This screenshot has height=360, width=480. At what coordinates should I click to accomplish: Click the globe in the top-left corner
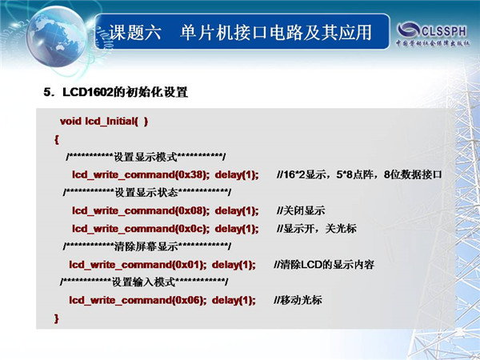58,36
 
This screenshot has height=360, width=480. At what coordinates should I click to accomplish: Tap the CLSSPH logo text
444,31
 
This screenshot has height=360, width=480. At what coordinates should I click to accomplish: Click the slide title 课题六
135,33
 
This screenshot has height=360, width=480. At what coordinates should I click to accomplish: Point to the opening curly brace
56,140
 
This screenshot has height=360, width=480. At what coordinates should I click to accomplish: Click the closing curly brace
56,318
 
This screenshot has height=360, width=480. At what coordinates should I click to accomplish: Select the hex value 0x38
191,174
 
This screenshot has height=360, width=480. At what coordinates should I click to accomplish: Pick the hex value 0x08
191,210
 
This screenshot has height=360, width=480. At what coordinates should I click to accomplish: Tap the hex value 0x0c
191,229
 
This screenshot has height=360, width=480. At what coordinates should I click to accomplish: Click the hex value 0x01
188,265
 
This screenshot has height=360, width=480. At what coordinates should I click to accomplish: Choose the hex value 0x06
188,300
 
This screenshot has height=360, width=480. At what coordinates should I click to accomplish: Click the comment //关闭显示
301,210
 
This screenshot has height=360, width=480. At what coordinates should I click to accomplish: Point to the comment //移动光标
298,300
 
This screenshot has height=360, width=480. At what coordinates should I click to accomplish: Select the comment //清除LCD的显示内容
324,265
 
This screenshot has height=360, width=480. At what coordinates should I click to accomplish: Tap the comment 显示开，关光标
319,229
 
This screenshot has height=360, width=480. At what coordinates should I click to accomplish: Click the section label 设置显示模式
146,158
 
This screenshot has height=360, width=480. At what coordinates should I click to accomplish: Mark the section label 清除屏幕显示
146,246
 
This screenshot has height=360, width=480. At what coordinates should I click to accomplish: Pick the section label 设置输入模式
143,282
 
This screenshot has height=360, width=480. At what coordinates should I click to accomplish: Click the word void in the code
70,122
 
